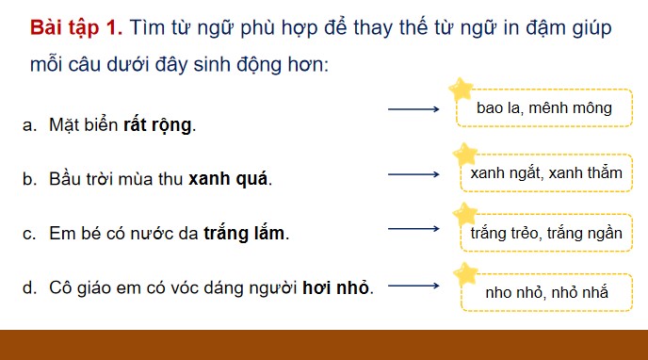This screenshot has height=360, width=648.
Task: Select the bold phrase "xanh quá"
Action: (229, 179)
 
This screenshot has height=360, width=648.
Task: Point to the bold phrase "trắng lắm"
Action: (244, 234)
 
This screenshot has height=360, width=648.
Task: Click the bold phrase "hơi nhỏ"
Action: (336, 287)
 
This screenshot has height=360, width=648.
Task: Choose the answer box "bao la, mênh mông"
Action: (544, 109)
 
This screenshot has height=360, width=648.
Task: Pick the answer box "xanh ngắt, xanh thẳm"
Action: (546, 173)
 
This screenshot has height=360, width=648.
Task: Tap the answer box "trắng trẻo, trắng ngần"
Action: (546, 233)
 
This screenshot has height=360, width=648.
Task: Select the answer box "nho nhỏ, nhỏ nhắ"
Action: (546, 293)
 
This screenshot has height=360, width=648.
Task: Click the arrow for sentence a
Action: (414, 110)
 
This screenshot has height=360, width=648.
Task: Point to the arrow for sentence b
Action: (414, 173)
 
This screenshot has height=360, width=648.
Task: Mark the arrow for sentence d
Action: (414, 286)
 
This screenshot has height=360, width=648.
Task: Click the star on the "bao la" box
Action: (462, 90)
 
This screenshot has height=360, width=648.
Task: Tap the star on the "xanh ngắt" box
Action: (464, 155)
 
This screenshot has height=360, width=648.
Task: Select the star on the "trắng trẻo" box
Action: (464, 214)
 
